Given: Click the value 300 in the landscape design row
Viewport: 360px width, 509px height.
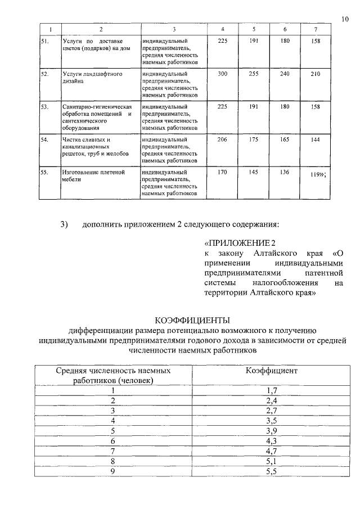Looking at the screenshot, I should [222, 74].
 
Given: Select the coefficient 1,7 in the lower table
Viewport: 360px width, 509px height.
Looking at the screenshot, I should [272, 390].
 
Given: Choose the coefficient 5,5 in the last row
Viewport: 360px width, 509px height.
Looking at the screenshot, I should [272, 471].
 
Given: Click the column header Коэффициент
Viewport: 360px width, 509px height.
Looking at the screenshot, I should [272, 371].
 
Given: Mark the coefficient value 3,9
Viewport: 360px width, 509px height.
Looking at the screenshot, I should [272, 430].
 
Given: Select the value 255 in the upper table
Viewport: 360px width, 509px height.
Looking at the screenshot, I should [254, 74].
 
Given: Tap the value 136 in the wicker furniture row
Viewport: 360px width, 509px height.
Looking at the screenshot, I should [285, 172].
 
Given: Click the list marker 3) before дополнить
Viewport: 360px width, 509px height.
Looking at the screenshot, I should [64, 225].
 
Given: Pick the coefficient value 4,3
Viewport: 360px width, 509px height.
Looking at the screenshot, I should [272, 440].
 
